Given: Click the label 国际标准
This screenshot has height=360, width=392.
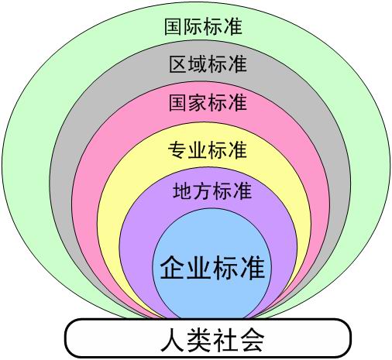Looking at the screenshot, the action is tap(203, 26).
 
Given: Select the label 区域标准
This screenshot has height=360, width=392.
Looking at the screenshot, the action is tap(208, 64).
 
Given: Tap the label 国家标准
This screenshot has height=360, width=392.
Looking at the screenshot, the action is tap(208, 102).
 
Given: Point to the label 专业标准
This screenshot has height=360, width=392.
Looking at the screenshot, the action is tap(208, 150).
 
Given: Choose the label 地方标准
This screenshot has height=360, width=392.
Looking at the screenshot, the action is tap(212, 191).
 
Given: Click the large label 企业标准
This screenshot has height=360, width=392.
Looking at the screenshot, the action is tap(212, 268).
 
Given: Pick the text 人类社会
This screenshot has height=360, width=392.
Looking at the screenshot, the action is tap(212, 339).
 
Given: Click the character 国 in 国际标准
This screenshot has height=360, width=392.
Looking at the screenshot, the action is tap(174, 26).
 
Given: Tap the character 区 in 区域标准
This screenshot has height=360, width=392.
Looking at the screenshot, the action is tap(178, 64).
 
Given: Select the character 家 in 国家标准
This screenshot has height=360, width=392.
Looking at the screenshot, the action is tap(198, 102).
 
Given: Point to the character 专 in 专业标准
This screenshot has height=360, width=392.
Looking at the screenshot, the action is tap(177, 150).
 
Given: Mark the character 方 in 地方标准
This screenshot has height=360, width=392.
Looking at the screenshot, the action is tap(202, 191).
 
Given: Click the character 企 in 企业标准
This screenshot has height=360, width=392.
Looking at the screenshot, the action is tap(173, 268).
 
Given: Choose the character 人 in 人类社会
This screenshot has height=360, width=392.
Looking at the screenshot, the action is tap(173, 340).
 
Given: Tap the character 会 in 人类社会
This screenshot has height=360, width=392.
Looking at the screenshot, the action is tap(252, 340).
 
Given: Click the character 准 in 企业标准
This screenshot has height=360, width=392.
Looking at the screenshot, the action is tap(253, 268).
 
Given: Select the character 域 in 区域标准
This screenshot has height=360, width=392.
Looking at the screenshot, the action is tap(198, 64).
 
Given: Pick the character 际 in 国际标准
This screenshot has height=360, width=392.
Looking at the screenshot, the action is tap(194, 26).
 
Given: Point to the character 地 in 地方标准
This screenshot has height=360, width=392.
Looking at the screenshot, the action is tap(183, 191).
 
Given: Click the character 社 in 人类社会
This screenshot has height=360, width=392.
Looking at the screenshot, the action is tap(226, 340).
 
